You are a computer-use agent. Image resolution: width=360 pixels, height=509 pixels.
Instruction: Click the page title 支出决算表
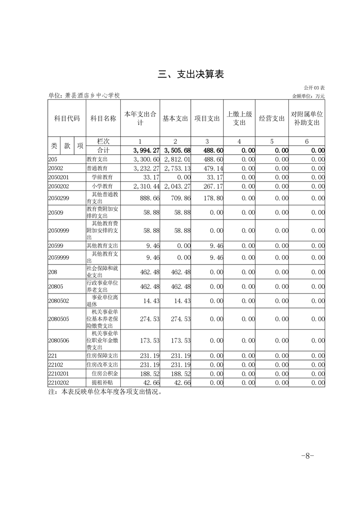point(191,75)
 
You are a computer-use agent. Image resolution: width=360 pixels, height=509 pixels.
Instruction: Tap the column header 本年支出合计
point(140,118)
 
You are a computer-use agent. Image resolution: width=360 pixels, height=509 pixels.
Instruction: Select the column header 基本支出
point(175,118)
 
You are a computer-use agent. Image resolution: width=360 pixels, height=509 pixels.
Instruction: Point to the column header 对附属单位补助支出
point(307,118)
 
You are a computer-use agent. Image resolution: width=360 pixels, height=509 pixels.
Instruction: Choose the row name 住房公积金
point(104,374)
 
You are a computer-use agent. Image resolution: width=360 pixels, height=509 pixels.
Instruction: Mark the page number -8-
point(307,456)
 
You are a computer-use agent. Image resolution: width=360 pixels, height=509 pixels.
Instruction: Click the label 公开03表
point(314,88)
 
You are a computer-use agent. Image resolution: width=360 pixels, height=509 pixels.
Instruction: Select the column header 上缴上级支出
point(239,118)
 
